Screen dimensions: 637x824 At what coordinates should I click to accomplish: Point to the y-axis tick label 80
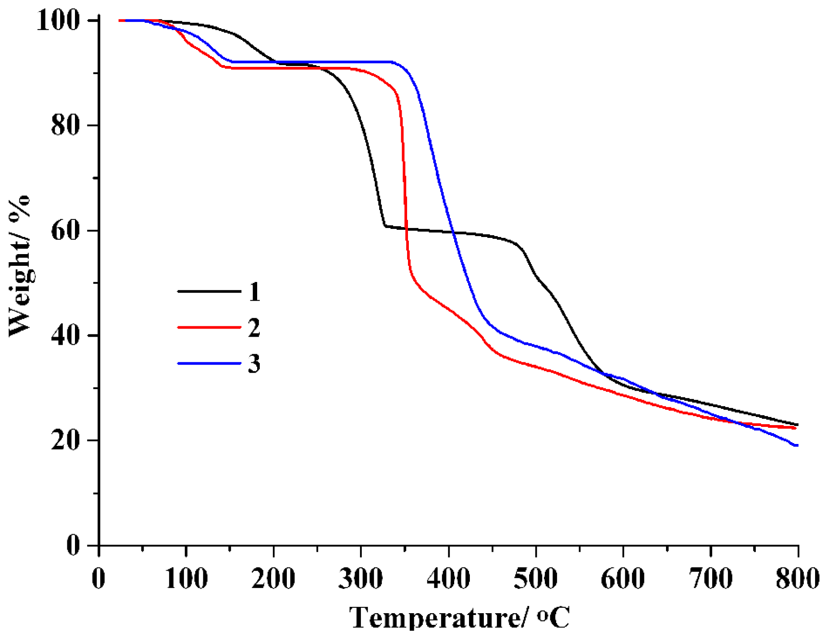pyautogui.click(x=66, y=125)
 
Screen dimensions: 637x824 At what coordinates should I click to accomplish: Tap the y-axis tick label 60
pyautogui.click(x=66, y=230)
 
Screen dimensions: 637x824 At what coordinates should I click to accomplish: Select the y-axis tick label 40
pyautogui.click(x=66, y=335)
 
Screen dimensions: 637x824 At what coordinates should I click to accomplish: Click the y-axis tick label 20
pyautogui.click(x=66, y=440)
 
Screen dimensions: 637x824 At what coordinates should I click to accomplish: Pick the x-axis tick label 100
pyautogui.click(x=186, y=579)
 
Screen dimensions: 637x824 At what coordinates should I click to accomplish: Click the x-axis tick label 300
pyautogui.click(x=361, y=579)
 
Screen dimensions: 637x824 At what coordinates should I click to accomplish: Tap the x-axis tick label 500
pyautogui.click(x=536, y=579)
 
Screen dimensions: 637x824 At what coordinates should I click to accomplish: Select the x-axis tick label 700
pyautogui.click(x=711, y=579)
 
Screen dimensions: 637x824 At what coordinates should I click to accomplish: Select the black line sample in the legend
pyautogui.click(x=209, y=291)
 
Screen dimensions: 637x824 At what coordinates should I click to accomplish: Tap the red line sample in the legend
pyautogui.click(x=209, y=327)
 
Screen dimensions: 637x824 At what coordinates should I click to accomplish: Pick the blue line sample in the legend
pyautogui.click(x=209, y=363)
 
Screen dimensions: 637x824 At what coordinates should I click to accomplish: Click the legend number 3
pyautogui.click(x=254, y=364)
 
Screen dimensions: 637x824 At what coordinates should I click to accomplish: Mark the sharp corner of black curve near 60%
pyautogui.click(x=385, y=226)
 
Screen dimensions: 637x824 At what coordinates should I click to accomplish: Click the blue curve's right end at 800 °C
pyautogui.click(x=797, y=445)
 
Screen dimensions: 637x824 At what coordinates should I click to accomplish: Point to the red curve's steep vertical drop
pyautogui.click(x=405, y=180)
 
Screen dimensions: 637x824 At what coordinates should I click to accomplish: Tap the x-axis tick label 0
pyautogui.click(x=99, y=579)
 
